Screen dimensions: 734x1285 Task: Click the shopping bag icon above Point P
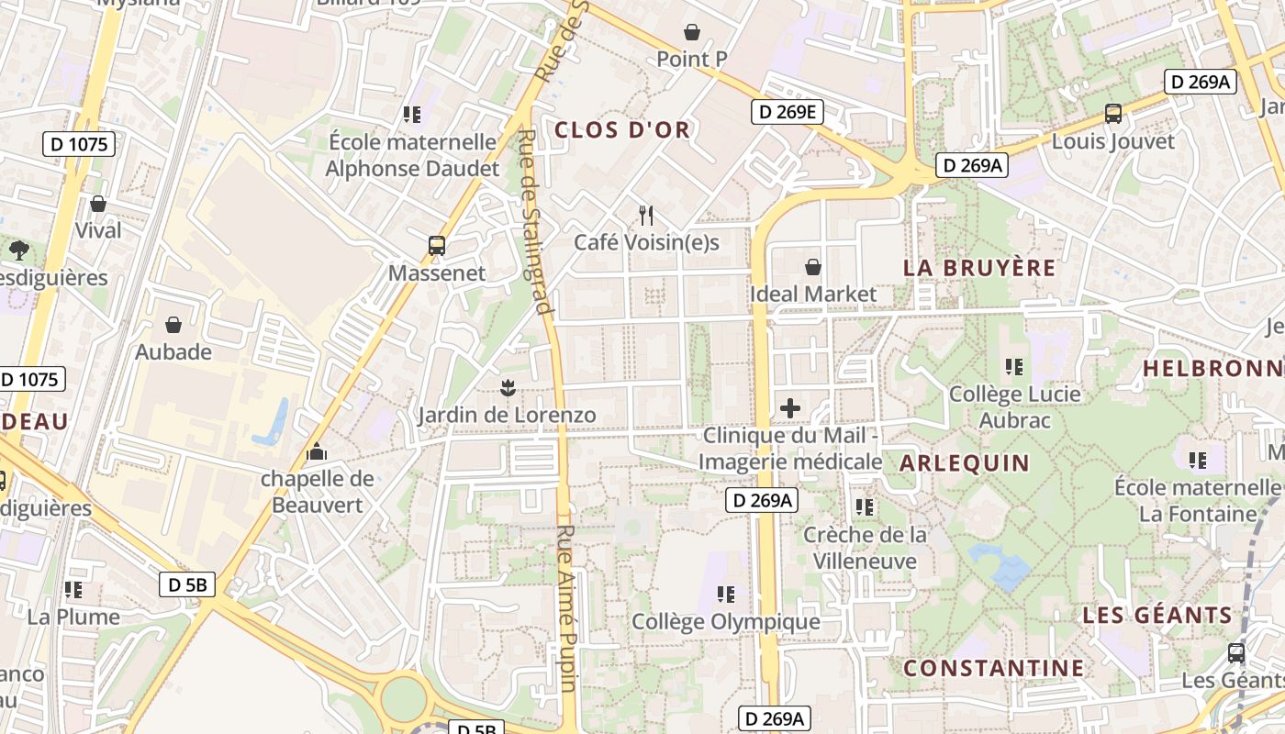(692, 33)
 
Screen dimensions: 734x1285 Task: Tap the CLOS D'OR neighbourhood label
(622, 130)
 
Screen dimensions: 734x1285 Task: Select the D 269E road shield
(788, 113)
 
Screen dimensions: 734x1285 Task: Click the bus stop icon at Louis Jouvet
(1113, 115)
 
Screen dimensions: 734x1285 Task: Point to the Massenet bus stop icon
(437, 246)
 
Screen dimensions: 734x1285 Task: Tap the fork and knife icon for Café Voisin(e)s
(646, 216)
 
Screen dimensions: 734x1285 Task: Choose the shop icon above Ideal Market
(812, 267)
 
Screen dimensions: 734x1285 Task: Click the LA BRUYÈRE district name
(979, 268)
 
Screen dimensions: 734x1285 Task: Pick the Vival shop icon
(98, 204)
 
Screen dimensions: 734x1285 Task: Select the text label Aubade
(173, 352)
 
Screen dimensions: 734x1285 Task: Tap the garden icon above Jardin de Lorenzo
(508, 388)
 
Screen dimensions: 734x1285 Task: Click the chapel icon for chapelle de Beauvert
(317, 451)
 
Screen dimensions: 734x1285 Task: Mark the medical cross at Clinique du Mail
(790, 408)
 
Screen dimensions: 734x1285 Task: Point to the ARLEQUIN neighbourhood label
(965, 462)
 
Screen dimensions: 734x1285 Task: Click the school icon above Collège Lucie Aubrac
(1014, 367)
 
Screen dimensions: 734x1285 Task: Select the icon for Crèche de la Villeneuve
(864, 506)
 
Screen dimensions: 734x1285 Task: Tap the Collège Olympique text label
(726, 622)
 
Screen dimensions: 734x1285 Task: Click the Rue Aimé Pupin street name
(566, 607)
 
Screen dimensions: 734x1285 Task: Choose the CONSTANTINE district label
(993, 668)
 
